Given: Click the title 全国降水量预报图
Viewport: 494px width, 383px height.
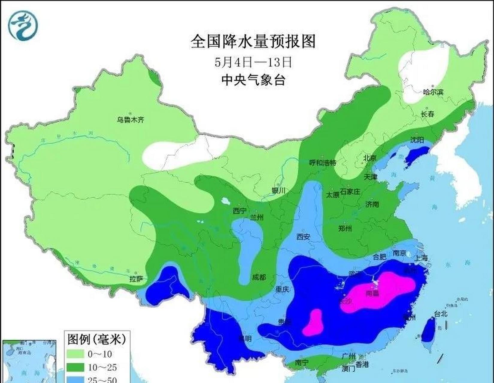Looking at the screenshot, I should pos(253,41).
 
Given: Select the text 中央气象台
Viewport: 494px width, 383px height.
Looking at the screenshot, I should pos(253,80).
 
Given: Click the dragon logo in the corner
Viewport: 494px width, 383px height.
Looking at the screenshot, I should pos(24,25).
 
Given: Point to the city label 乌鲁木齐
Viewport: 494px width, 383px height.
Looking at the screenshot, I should pos(130,120).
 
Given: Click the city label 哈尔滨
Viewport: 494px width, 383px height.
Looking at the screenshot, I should pos(433,92).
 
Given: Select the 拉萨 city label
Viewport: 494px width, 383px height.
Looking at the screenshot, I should pos(136,279).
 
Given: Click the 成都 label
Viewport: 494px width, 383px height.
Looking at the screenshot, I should pos(259,277).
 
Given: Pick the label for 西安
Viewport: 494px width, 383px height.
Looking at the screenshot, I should pos(303,237).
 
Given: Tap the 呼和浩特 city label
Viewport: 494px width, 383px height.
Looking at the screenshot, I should pos(322,163).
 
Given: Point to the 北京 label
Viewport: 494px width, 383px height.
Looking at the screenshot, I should pos(369,158).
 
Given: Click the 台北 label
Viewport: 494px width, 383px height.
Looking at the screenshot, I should pos(440,314).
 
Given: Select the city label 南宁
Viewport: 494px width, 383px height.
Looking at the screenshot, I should pos(301,363).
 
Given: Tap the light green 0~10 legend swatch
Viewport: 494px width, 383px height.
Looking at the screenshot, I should pos(75,354).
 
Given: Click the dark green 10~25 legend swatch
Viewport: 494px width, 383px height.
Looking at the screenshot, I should pos(75,367).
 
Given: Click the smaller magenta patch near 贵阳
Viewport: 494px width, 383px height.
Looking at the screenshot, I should pos(313,323).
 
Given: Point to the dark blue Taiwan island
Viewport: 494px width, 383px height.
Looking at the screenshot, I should pos(428,329).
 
